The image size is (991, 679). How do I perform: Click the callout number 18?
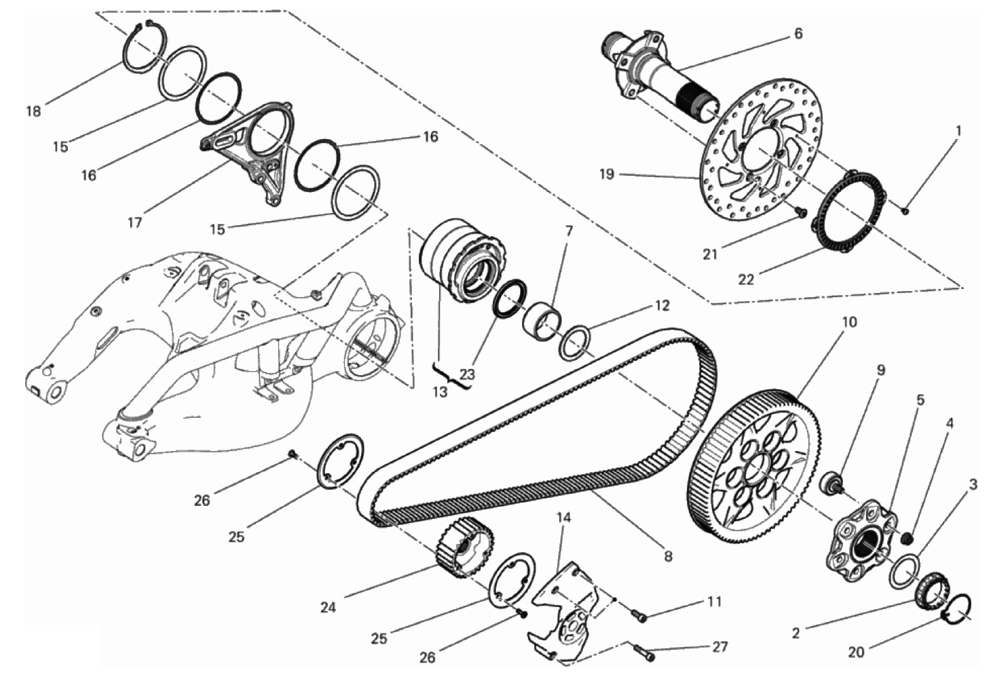[x=34, y=111]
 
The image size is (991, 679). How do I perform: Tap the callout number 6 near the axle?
[x=798, y=34]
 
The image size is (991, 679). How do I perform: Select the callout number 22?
[x=745, y=279]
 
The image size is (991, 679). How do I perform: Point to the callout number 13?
[x=441, y=391]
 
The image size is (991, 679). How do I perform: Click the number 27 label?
[x=720, y=646]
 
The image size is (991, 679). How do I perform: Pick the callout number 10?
[x=849, y=322]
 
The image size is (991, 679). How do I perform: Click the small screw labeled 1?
[x=905, y=212]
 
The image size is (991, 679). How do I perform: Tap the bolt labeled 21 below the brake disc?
[x=800, y=213]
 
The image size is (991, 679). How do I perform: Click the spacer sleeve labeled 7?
[x=542, y=324]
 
